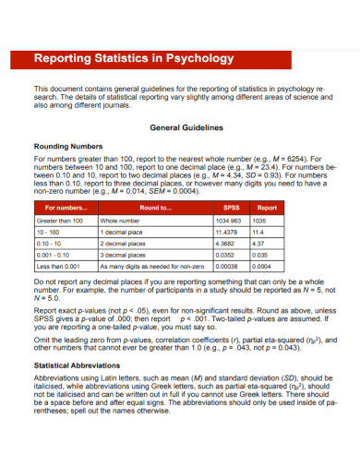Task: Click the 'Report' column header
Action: click(x=266, y=208)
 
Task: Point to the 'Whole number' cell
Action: click(x=119, y=221)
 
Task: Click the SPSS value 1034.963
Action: click(x=228, y=221)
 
